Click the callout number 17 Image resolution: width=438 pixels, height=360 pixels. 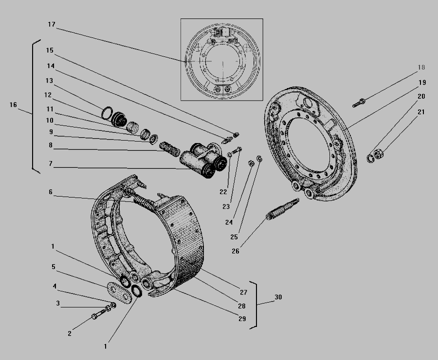pyautogui.click(x=52, y=25)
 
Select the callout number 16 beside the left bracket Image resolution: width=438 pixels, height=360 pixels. pyautogui.click(x=13, y=105)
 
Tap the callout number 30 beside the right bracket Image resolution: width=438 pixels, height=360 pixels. pyautogui.click(x=278, y=297)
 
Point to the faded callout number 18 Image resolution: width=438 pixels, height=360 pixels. pyautogui.click(x=421, y=67)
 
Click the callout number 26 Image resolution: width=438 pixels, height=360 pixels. pyautogui.click(x=236, y=251)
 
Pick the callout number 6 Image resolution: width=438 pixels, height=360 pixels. pyautogui.click(x=51, y=192)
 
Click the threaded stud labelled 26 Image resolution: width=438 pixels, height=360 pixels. pyautogui.click(x=283, y=209)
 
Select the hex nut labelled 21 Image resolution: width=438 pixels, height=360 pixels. pyautogui.click(x=379, y=154)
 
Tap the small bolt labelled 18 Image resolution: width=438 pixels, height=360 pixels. pyautogui.click(x=359, y=103)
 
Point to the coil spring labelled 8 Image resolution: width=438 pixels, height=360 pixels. pyautogui.click(x=169, y=149)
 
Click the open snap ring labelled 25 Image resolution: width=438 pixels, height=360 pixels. pyautogui.click(x=259, y=159)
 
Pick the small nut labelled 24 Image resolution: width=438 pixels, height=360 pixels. pyautogui.click(x=251, y=163)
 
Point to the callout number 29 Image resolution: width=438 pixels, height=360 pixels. pyautogui.click(x=242, y=318)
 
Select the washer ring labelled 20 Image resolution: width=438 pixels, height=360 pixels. pyautogui.click(x=371, y=159)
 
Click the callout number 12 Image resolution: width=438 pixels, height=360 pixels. pyautogui.click(x=48, y=95)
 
